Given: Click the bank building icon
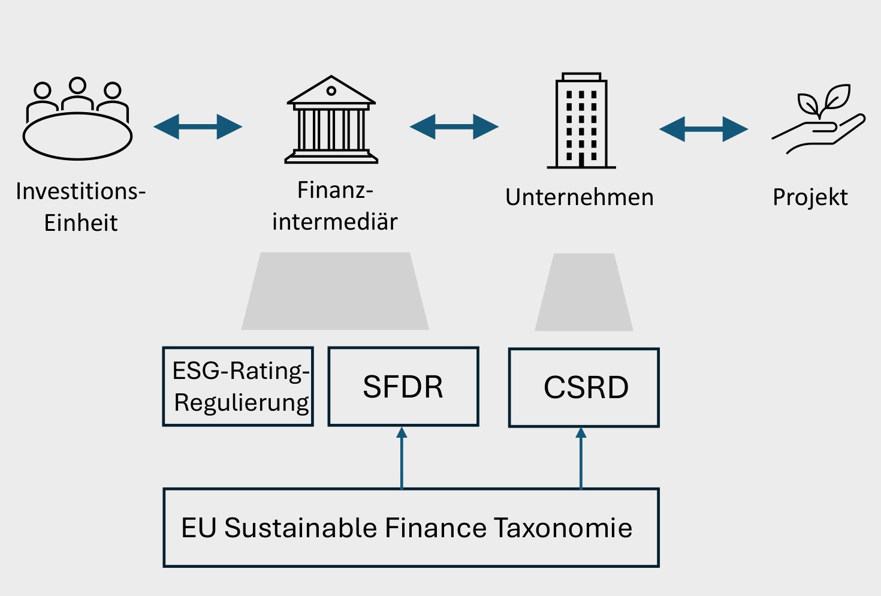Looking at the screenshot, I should coord(331,120).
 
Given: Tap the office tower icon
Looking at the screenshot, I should coord(581,122).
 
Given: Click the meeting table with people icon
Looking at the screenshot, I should coord(77,119).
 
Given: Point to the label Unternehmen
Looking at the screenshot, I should coord(579,197).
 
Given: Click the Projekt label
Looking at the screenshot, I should coord(810,197).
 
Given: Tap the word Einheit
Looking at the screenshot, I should coord(81,223).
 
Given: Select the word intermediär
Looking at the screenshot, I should coord(334,222).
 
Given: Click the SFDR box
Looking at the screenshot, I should coord(403,387).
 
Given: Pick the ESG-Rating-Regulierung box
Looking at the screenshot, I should coord(238,387).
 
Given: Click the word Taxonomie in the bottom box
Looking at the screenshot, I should coord(563,528).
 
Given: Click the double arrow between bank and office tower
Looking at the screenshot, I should coord(454,127).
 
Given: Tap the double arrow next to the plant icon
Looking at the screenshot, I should coord(704,129).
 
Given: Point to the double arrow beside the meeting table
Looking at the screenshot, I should coord(198,127).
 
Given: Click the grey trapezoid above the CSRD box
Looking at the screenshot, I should coord(584,293).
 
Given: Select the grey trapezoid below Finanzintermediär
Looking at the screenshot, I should coord(335,291).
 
